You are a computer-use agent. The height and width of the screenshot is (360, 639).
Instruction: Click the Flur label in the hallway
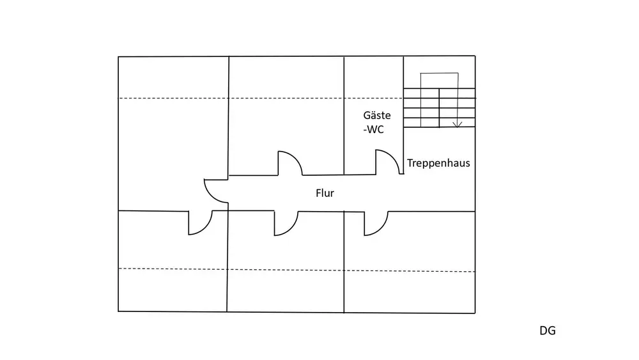(x=325, y=193)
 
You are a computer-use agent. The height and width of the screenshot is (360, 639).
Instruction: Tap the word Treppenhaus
(x=438, y=163)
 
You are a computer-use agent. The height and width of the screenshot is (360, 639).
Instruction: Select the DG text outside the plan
(x=548, y=331)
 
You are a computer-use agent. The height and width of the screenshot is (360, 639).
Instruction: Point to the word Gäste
(x=377, y=115)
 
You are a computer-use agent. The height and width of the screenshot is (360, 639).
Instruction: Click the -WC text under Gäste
(x=374, y=130)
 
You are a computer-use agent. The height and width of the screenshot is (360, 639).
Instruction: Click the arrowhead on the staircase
(x=458, y=124)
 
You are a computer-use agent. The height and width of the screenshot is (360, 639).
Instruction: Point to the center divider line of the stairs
(x=440, y=108)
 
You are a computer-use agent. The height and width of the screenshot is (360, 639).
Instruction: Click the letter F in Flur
(x=318, y=193)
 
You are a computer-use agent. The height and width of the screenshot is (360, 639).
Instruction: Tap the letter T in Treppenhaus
(x=410, y=163)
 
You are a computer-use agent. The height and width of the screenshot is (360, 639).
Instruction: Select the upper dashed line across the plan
(x=261, y=98)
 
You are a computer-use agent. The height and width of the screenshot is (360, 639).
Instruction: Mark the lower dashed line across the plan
(x=296, y=270)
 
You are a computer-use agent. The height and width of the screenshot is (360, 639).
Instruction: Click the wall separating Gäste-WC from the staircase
(x=403, y=115)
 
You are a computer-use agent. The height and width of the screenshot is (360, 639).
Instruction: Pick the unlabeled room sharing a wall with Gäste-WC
(x=286, y=116)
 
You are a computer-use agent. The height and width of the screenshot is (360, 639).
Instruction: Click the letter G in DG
(x=552, y=331)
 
